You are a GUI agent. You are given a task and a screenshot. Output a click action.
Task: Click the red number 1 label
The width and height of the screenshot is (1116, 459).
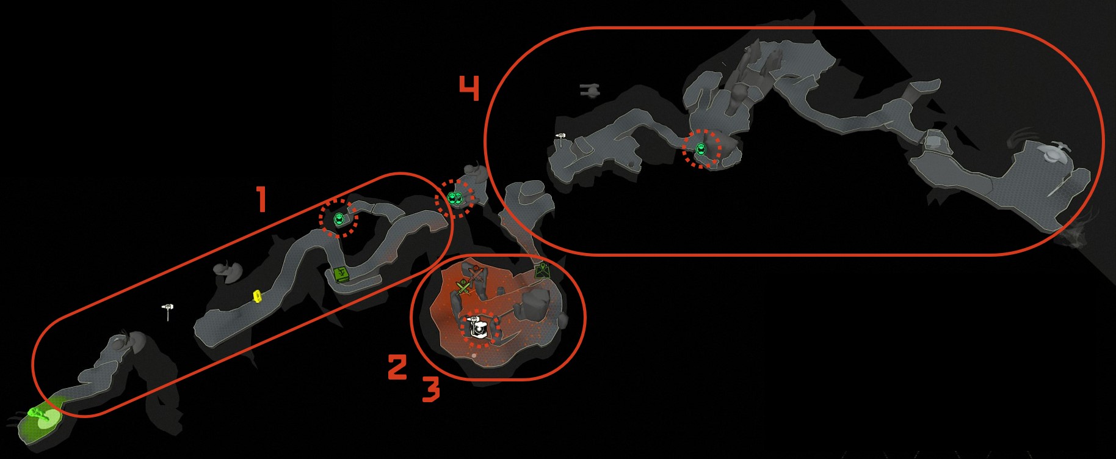tap(261, 200)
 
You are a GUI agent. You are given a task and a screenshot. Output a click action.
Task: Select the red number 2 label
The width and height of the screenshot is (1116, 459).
tap(397, 367)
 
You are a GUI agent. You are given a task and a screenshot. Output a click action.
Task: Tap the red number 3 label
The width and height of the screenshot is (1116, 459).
tap(431, 389)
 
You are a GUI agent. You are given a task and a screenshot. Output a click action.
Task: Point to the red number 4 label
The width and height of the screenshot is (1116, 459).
tap(469, 88)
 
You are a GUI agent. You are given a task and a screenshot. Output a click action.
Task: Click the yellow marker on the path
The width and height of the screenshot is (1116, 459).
tap(258, 296)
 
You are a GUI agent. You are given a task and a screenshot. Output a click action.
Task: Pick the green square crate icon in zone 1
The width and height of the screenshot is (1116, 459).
tap(341, 274)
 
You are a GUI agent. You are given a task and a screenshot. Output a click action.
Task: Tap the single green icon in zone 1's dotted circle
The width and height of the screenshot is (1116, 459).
tap(339, 218)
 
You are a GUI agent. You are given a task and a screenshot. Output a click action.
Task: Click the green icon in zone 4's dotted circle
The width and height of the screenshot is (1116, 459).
tap(701, 148)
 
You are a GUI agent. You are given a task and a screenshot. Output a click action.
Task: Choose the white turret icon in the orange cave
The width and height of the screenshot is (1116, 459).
tap(478, 329)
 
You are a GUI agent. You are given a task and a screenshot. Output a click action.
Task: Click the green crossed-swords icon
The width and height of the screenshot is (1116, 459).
tap(463, 287)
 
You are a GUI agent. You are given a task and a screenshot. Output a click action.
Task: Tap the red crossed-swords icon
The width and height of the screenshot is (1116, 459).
tap(477, 274)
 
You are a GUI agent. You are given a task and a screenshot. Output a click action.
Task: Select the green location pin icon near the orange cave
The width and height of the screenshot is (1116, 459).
tap(542, 270)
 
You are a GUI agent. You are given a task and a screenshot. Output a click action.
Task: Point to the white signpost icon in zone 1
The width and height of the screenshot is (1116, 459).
tap(168, 310)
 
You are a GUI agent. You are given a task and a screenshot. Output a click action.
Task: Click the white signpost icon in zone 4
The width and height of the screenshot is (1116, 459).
tap(561, 139)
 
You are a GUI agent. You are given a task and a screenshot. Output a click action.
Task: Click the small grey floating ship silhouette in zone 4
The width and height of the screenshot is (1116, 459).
tap(590, 91)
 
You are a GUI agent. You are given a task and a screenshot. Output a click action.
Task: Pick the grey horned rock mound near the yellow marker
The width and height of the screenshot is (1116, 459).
tap(226, 271)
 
